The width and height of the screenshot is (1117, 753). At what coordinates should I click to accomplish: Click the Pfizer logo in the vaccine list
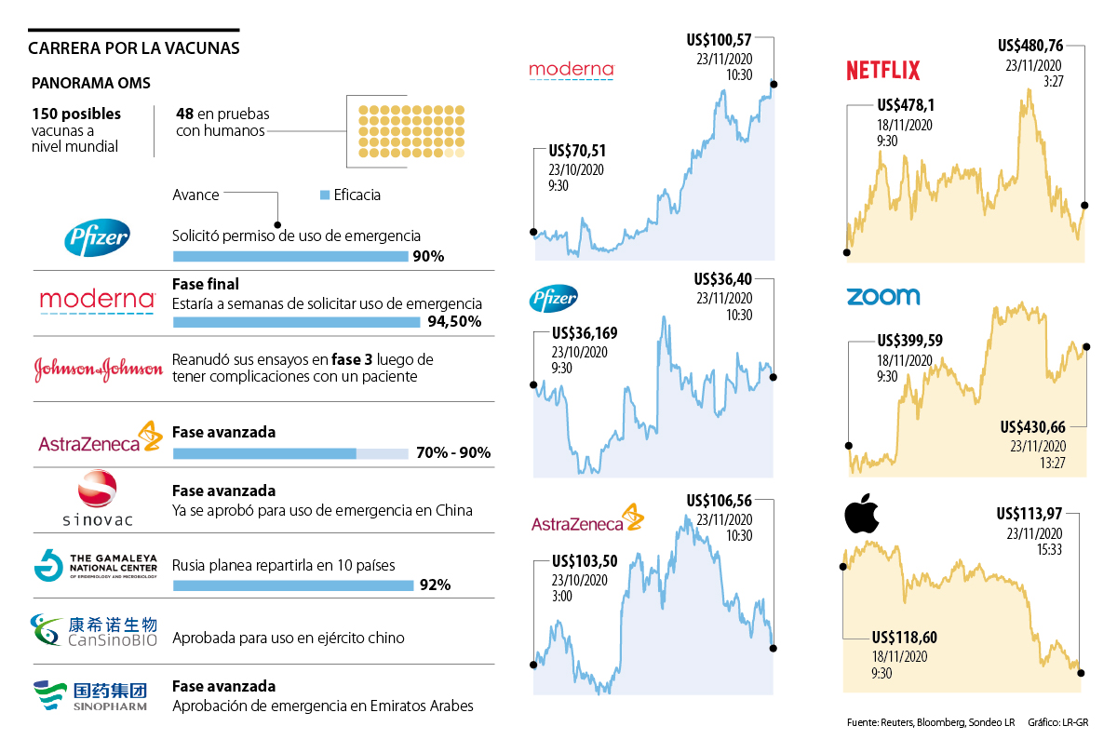pos(97,240)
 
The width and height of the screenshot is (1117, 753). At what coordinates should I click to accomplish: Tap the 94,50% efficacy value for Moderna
pos(455,322)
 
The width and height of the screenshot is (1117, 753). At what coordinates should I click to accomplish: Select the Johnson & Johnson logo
pos(98,369)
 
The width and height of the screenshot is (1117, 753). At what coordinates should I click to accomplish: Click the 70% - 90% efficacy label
pos(454,454)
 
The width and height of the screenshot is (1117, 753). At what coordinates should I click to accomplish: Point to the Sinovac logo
pos(97,499)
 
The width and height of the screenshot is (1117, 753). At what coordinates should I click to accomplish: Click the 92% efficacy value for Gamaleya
pos(436,585)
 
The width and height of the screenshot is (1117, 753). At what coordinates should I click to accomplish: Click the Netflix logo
pos(882,70)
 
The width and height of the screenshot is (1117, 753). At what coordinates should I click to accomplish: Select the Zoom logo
pos(882,297)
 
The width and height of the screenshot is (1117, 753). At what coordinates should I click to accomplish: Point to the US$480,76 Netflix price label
pos(1030,46)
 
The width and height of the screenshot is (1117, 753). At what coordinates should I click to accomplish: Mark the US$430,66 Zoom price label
pos(1032,427)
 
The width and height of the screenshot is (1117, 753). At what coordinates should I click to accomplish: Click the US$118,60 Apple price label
pos(905,638)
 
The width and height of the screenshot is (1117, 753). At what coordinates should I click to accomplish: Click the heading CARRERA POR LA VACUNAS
pos(134,48)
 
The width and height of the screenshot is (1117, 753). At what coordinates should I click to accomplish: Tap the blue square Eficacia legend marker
pos(325,195)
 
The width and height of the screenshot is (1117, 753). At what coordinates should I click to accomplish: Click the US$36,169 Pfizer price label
pos(585,332)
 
